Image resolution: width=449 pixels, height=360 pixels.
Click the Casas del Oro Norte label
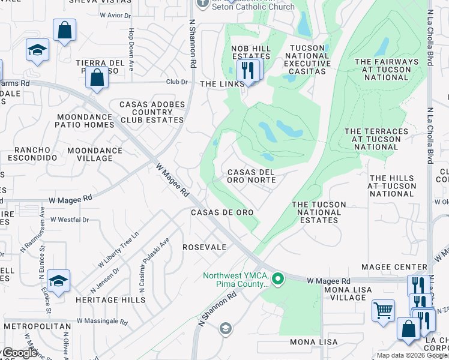[251, 176]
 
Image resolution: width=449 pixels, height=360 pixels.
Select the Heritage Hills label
[103, 299]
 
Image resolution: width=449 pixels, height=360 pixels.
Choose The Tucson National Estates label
[319, 212]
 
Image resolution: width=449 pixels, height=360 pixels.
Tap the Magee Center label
[393, 266]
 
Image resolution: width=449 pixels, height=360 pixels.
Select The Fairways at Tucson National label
[386, 70]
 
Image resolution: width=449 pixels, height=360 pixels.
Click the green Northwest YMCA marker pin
[277, 278]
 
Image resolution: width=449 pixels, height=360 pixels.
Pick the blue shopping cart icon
[382, 311]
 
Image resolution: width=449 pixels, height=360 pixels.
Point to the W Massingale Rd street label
[100, 322]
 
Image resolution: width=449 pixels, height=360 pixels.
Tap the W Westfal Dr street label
[70, 220]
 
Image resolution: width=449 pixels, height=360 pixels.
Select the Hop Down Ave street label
[130, 49]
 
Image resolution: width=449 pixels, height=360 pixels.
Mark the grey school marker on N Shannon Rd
[225, 328]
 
